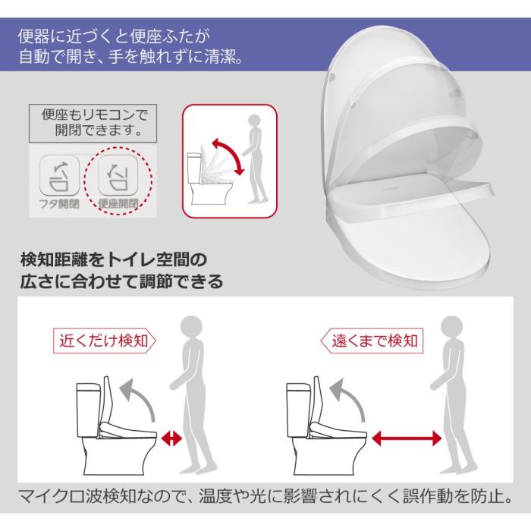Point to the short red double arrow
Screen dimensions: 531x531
tap(173, 438)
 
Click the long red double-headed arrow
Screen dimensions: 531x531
tap(407, 438)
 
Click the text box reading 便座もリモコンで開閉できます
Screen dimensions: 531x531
tap(90, 122)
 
